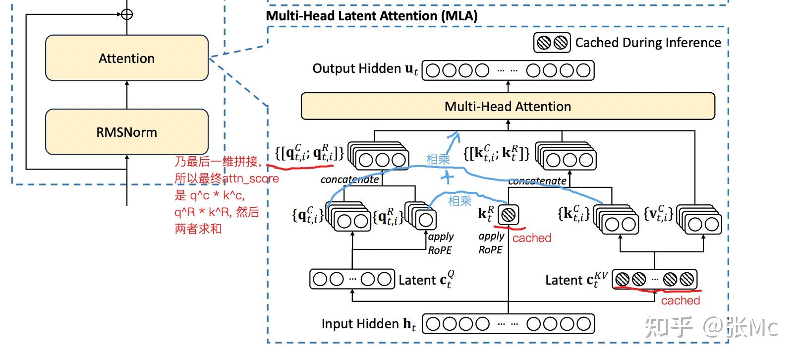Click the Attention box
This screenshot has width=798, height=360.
pyautogui.click(x=127, y=58)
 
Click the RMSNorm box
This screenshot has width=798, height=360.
pyautogui.click(x=127, y=132)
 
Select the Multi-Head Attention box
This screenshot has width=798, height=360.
pyautogui.click(x=508, y=106)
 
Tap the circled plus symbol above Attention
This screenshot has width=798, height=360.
pyautogui.click(x=127, y=14)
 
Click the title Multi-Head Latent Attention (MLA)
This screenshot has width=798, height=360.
pyautogui.click(x=372, y=16)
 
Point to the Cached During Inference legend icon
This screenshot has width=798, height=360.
pyautogui.click(x=552, y=43)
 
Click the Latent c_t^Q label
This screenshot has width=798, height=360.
pyautogui.click(x=426, y=280)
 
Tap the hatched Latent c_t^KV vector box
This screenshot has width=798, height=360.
pyautogui.click(x=655, y=279)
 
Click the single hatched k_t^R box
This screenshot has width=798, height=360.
pyautogui.click(x=508, y=215)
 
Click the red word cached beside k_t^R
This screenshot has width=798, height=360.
pyautogui.click(x=532, y=238)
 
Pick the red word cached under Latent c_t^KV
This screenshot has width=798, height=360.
pyautogui.click(x=680, y=300)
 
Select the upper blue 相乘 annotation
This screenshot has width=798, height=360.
pyautogui.click(x=438, y=159)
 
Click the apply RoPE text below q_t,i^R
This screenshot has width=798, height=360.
pyautogui.click(x=441, y=243)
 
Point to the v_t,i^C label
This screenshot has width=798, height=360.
pyautogui.click(x=659, y=214)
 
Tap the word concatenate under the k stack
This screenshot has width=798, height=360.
pyautogui.click(x=537, y=181)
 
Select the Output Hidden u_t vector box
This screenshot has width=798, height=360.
pyautogui.click(x=508, y=70)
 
